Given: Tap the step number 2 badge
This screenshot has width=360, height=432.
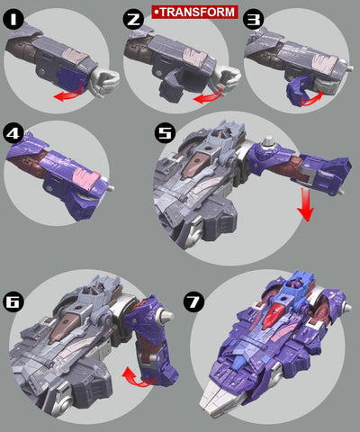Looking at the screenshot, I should (135, 15).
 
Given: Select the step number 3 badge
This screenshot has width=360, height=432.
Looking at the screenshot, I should (254, 15).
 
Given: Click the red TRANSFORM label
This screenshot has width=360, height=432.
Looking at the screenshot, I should (194, 12).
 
